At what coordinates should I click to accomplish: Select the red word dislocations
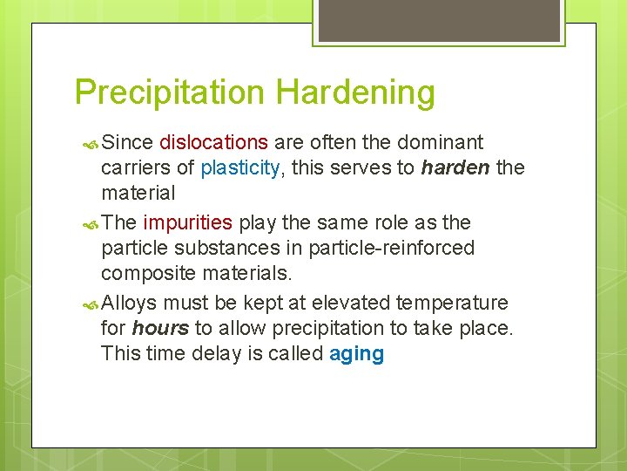(x=213, y=142)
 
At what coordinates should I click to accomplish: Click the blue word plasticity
(x=241, y=167)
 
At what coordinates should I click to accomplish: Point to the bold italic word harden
(x=455, y=167)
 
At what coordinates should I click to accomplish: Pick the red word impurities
(x=187, y=222)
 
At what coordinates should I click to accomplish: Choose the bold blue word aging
(x=356, y=354)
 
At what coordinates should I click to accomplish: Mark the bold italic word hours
(x=160, y=329)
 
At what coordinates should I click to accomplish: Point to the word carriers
(x=136, y=167)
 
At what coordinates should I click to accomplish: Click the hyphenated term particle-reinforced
(x=395, y=248)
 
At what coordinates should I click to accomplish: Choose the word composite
(x=148, y=273)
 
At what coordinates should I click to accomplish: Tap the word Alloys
(x=129, y=303)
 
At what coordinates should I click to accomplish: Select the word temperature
(x=453, y=303)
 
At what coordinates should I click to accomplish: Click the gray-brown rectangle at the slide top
(x=436, y=20)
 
